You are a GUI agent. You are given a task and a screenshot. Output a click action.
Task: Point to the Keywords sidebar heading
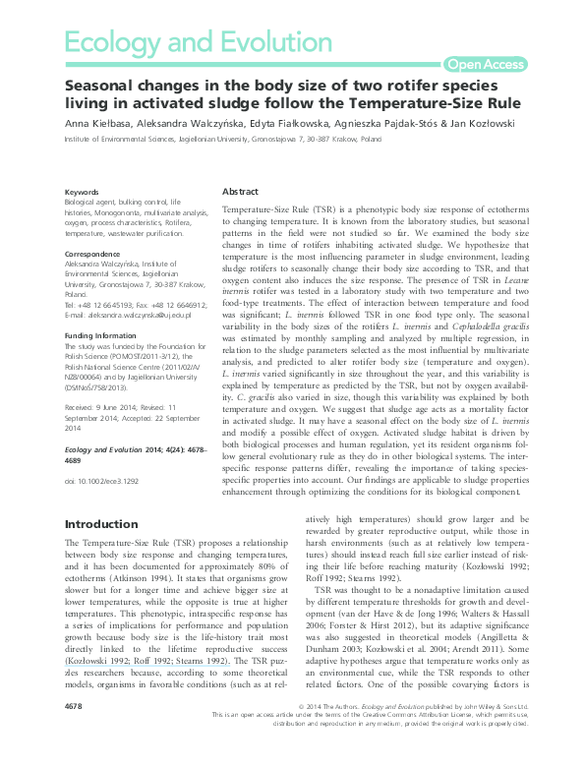(81, 192)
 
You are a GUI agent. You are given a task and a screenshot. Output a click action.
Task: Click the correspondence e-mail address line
(128, 316)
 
